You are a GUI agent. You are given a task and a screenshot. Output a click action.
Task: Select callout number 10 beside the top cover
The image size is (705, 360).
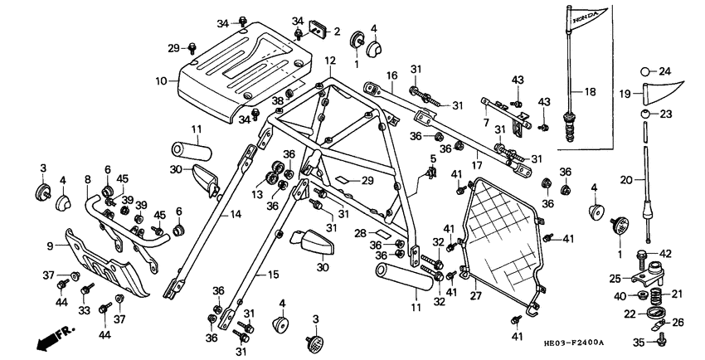(x=161, y=80)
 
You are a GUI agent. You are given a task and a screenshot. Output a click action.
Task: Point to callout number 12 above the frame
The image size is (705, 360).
(x=330, y=61)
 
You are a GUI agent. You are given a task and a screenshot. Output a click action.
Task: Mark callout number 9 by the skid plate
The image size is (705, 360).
(x=87, y=178)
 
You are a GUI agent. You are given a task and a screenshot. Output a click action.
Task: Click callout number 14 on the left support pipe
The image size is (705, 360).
(x=236, y=213)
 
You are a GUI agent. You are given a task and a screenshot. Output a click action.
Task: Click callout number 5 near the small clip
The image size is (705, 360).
(x=432, y=158)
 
